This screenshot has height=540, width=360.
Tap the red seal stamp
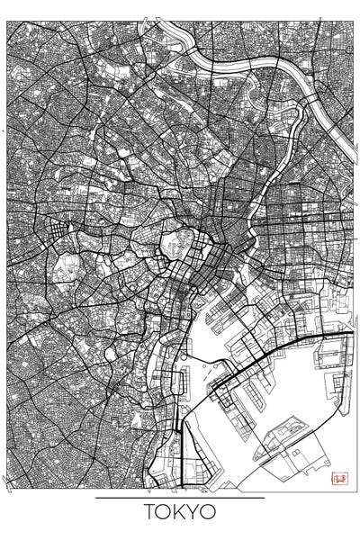339,477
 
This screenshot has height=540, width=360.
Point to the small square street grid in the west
58,236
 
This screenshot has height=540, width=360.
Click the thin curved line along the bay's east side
344,405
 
